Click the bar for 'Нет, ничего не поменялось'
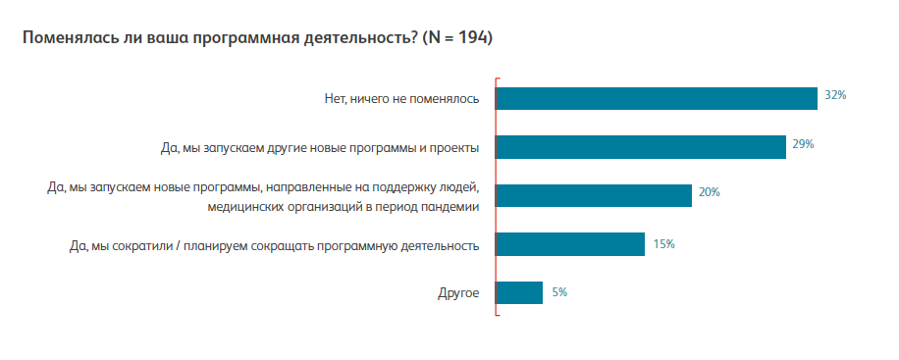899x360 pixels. [x=656, y=98]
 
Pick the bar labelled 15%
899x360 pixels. [x=569, y=244]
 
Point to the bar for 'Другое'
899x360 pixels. [x=519, y=292]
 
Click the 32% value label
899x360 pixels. [x=835, y=96]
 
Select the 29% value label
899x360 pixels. [x=804, y=144]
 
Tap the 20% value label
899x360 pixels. [x=709, y=193]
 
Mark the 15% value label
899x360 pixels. [x=663, y=243]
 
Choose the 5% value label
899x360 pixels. [x=559, y=291]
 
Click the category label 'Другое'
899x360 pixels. [x=458, y=293]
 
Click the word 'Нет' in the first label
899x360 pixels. [x=335, y=99]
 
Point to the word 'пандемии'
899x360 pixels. [x=452, y=206]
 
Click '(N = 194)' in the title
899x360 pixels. [x=457, y=38]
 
